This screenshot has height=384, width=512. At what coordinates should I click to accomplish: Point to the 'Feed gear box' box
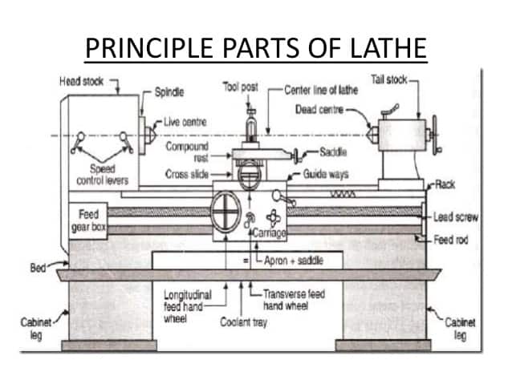tap(87, 221)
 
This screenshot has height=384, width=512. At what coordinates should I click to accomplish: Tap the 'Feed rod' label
tap(452, 240)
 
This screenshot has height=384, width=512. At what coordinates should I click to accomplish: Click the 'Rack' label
tap(449, 184)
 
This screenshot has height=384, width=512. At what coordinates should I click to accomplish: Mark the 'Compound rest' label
tap(187, 152)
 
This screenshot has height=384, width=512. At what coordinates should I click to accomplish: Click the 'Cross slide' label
tap(186, 174)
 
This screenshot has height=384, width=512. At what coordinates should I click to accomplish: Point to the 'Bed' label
tap(38, 267)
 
